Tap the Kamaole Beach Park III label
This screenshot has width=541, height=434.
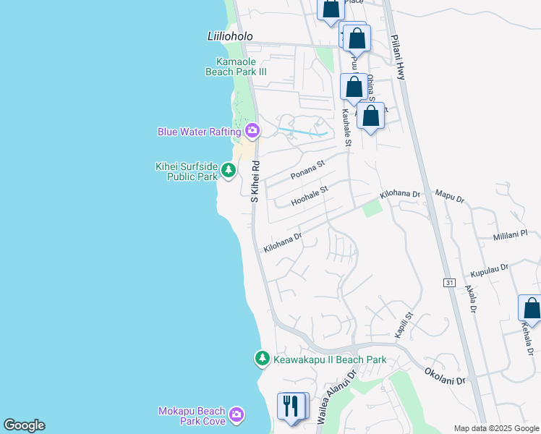point(242,67)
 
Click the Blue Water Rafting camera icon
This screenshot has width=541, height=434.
point(252,131)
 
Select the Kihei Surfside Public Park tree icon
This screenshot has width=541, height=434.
point(229,171)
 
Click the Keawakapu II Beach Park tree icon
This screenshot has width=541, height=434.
point(262,358)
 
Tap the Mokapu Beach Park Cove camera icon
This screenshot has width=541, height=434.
point(237,416)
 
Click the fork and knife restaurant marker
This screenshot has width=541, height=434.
point(292,405)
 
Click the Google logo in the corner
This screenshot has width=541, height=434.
point(24,425)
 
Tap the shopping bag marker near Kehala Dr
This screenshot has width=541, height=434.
point(531,309)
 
